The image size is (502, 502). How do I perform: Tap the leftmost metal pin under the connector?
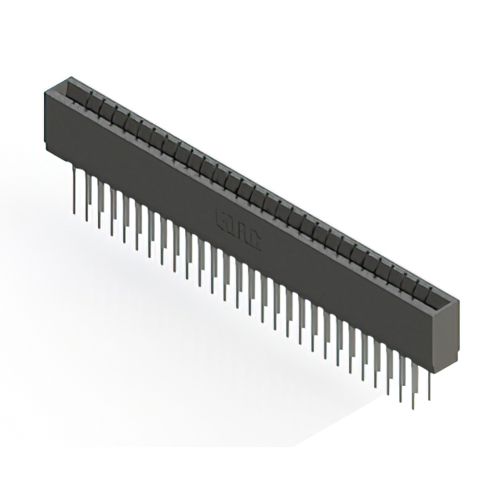[x=75, y=189]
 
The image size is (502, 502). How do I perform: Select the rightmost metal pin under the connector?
[x=429, y=384]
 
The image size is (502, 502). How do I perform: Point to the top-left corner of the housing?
[x=45, y=91]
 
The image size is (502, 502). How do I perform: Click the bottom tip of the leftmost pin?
[x=75, y=213]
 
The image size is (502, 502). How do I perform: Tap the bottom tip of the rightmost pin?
[x=429, y=401]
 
